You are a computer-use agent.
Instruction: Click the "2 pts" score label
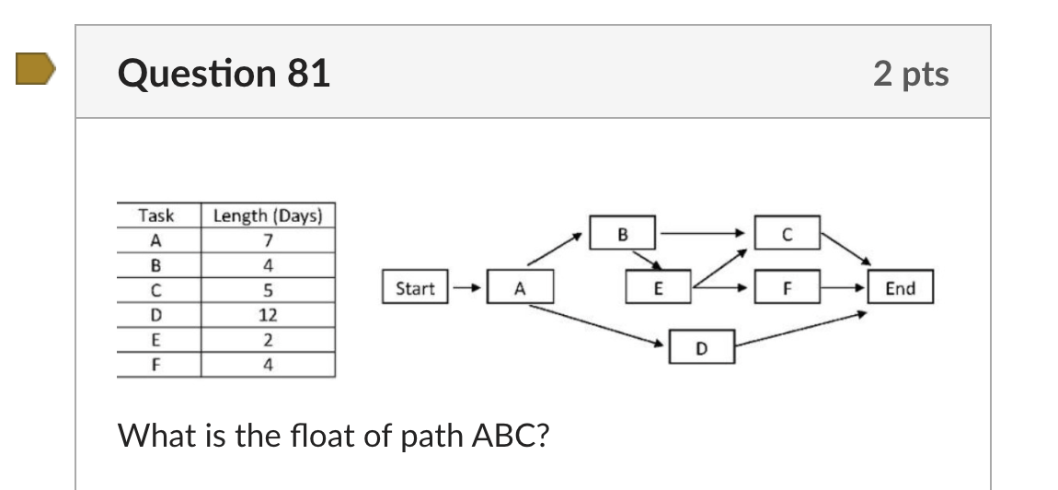pyautogui.click(x=911, y=74)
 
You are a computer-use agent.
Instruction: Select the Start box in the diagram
pyautogui.click(x=415, y=288)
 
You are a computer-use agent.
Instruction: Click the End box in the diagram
pyautogui.click(x=899, y=288)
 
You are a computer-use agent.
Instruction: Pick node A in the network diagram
pyautogui.click(x=520, y=288)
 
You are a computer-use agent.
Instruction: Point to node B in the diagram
pyautogui.click(x=622, y=234)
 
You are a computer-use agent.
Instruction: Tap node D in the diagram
pyautogui.click(x=702, y=347)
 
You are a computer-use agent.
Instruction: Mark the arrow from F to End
pyautogui.click(x=843, y=288)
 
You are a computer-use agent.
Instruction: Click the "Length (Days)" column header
pyautogui.click(x=268, y=216)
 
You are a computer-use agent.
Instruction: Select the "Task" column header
pyautogui.click(x=156, y=216)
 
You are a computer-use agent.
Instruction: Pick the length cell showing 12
pyautogui.click(x=268, y=315)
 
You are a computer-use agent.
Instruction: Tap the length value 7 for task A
pyautogui.click(x=268, y=240)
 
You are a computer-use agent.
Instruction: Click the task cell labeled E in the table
pyautogui.click(x=156, y=340)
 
